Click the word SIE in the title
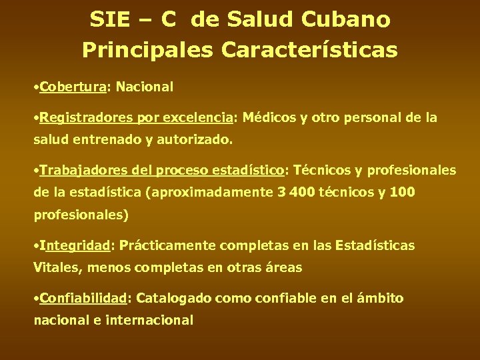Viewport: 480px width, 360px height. (111, 20)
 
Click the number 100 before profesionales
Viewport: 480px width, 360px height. (401, 193)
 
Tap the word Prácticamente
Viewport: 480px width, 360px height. (165, 245)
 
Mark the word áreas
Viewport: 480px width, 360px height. (283, 268)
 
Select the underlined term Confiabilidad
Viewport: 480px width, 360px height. (83, 298)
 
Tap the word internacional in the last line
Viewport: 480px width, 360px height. (152, 321)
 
